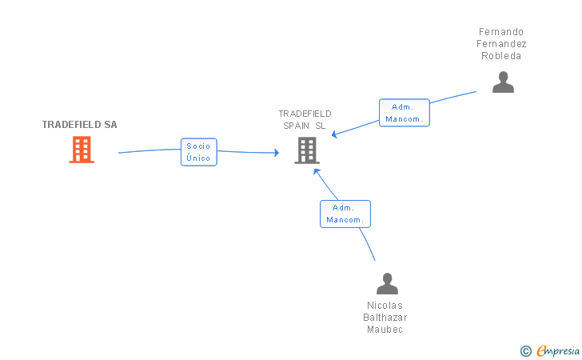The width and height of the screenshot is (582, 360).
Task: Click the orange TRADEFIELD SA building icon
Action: (x=82, y=150)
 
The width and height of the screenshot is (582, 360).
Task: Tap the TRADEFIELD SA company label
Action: (x=79, y=125)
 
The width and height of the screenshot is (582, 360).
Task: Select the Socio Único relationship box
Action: (x=199, y=152)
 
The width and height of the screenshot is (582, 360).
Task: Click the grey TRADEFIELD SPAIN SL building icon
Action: (x=307, y=150)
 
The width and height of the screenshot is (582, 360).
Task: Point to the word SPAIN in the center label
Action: (x=296, y=126)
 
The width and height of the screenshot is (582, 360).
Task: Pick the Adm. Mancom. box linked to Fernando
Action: (x=405, y=113)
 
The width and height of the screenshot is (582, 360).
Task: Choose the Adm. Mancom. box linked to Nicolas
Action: (x=345, y=214)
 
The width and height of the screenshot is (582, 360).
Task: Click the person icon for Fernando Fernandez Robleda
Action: (x=503, y=82)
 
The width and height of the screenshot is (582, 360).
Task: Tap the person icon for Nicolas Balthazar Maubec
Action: (x=387, y=283)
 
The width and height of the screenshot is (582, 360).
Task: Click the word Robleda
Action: (x=501, y=56)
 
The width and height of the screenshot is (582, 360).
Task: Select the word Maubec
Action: (x=385, y=330)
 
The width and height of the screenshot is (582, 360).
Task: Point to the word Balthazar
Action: (x=385, y=318)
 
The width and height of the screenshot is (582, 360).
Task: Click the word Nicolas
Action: (x=385, y=306)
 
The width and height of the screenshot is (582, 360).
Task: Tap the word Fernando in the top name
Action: (x=501, y=32)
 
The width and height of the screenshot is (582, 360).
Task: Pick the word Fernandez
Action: (x=501, y=44)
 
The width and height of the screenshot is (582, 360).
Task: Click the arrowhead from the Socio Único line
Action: (x=277, y=152)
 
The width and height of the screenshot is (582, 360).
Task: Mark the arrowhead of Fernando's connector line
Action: (x=334, y=134)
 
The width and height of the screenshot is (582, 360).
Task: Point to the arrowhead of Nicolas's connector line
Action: (x=317, y=171)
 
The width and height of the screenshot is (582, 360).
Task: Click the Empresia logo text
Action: (x=558, y=351)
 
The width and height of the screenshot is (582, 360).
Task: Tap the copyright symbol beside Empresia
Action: (x=526, y=351)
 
